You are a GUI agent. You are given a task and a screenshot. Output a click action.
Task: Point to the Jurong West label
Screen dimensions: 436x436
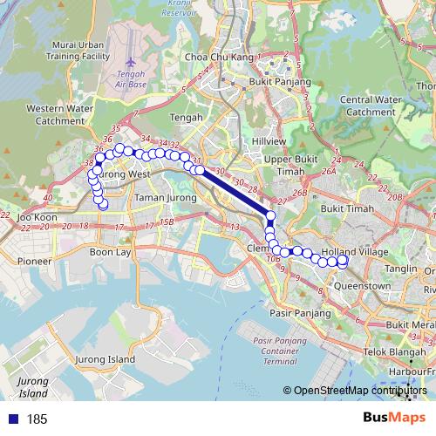121,174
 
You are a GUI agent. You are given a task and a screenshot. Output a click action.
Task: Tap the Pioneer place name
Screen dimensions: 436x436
34,260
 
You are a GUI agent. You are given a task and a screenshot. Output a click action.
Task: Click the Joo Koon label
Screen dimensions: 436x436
36,216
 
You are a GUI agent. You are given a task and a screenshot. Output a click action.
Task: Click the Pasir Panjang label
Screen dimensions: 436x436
292,310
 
